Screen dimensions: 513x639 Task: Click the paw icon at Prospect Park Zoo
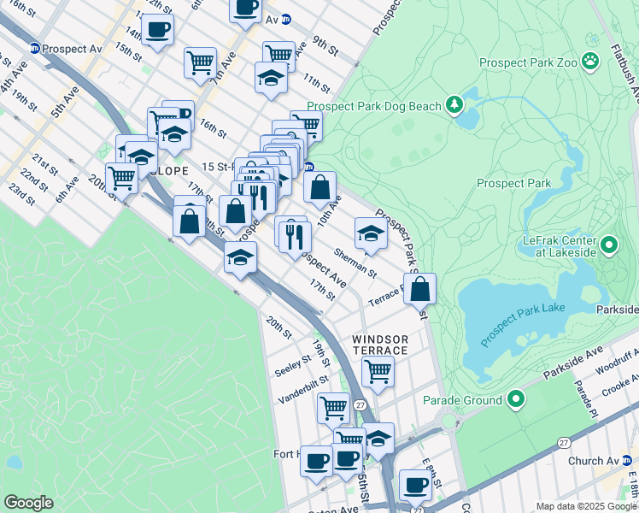point(589,62)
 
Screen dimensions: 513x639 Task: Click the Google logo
point(29,503)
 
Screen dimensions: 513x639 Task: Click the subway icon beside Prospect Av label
point(34,49)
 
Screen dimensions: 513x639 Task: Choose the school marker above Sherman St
point(370,231)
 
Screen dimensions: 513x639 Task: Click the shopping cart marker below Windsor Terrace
point(377,371)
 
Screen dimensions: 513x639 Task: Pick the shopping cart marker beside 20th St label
point(122,178)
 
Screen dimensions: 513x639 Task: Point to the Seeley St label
point(292,364)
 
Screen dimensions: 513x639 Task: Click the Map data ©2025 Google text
point(586,506)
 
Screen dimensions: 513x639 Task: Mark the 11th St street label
point(316,84)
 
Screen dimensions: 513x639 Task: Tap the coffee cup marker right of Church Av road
point(416,486)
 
